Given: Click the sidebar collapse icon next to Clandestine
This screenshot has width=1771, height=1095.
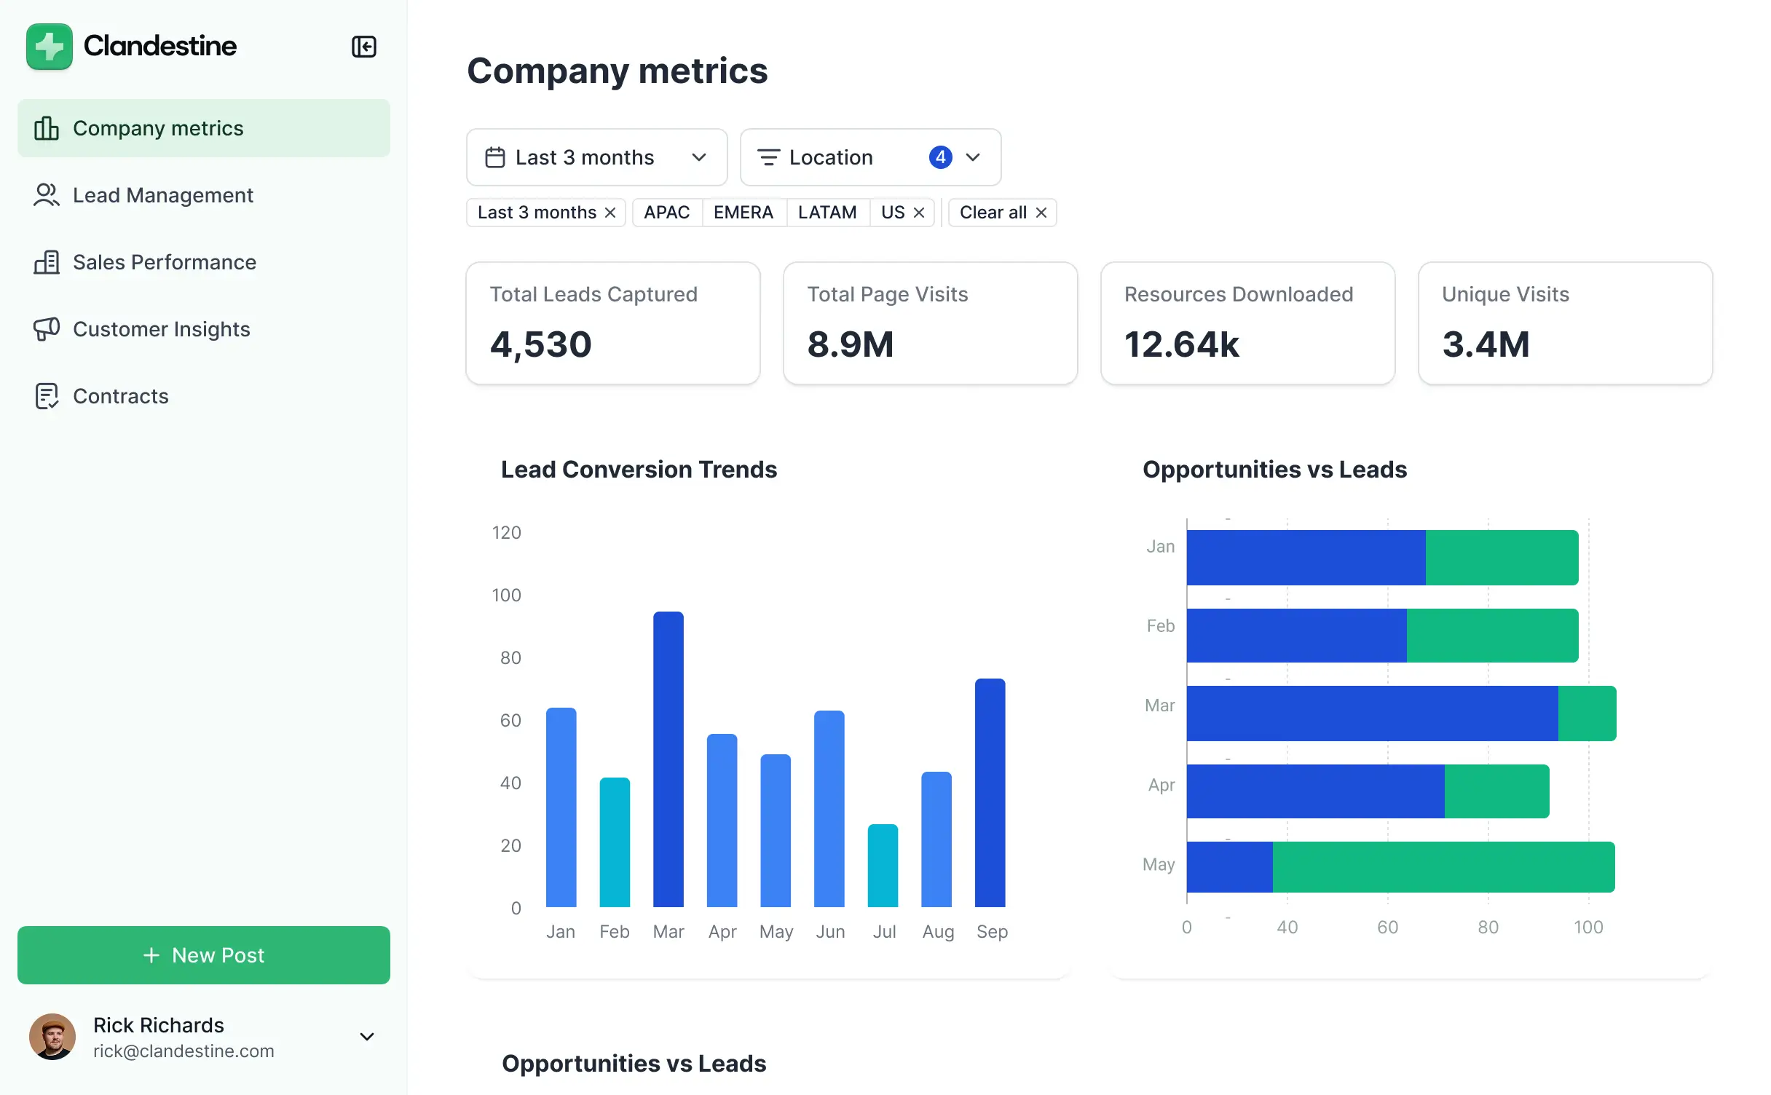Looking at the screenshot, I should click(x=363, y=47).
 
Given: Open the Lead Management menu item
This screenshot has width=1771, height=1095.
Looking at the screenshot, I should click(x=162, y=195).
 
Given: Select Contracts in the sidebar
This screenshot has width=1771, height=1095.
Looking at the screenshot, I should click(x=120, y=396).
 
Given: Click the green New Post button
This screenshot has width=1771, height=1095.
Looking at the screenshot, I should click(x=204, y=954).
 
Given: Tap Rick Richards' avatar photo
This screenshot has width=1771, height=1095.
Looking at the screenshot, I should click(x=52, y=1036).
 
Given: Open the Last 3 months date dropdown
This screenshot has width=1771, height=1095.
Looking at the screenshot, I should click(x=596, y=157).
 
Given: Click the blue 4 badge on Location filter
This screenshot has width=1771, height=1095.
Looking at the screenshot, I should click(x=940, y=157).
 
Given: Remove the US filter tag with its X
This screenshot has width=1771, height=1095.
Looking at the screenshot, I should click(x=919, y=213).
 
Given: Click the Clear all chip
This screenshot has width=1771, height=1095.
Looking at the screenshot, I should click(x=1002, y=213).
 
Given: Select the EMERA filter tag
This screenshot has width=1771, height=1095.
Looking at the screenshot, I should click(x=743, y=213).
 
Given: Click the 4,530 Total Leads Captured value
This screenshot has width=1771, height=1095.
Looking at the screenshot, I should click(x=540, y=344).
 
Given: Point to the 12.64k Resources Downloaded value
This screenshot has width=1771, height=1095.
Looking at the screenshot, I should click(x=1181, y=344).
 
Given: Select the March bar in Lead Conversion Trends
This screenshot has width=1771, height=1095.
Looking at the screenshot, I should click(x=668, y=759).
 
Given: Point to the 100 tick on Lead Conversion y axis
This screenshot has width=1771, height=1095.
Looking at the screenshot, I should click(x=506, y=596).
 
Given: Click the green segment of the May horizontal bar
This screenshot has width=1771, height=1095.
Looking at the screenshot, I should click(x=1443, y=866).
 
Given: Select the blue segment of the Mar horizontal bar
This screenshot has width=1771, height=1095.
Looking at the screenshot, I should click(x=1372, y=713).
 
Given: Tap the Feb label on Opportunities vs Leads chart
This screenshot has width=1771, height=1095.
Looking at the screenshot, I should click(x=1160, y=626).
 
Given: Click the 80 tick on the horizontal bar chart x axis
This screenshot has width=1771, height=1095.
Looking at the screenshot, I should click(x=1488, y=927).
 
